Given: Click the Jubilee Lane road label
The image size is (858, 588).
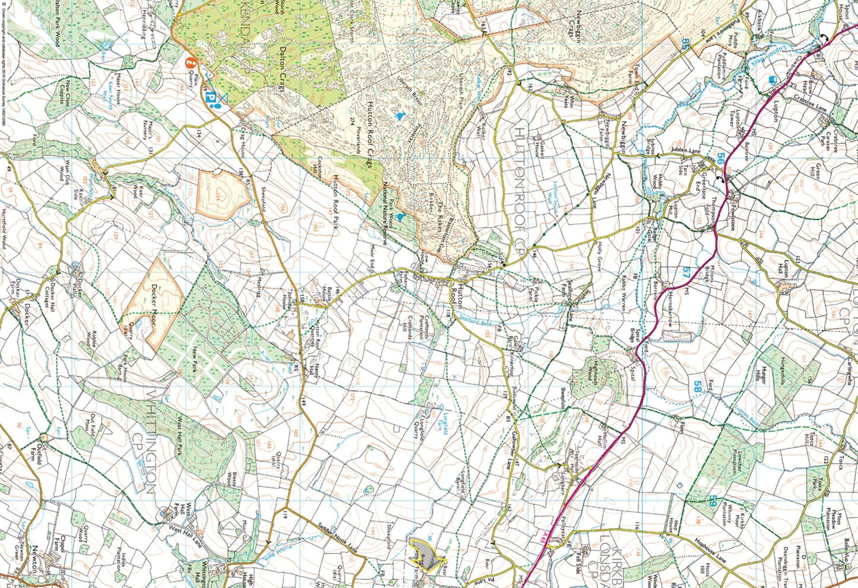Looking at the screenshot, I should tap(686, 152).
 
